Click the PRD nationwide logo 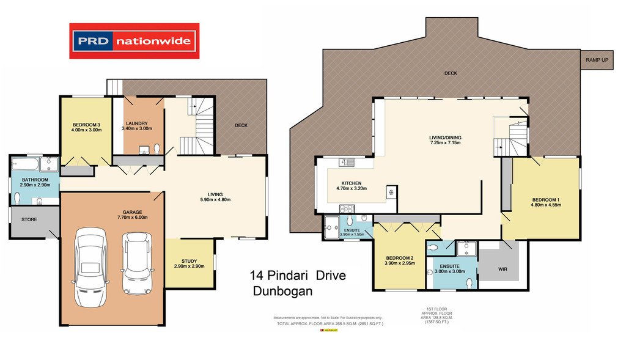click(x=134, y=42)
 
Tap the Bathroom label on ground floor click(x=35, y=180)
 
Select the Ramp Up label click(x=597, y=60)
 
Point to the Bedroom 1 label click(x=546, y=199)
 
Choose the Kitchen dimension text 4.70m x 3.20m click(x=352, y=189)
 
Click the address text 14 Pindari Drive click(x=298, y=276)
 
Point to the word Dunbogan click(x=282, y=292)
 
